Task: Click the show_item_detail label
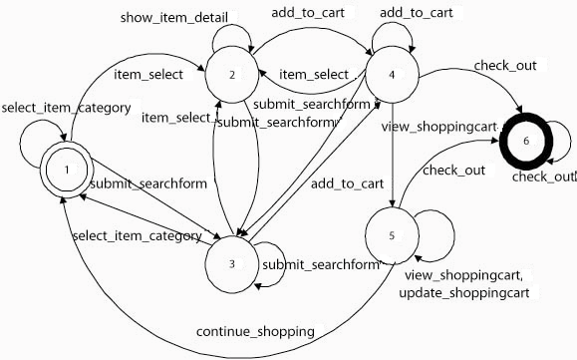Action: [x=173, y=18]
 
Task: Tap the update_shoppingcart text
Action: [x=462, y=292]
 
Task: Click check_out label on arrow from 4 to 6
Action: [x=504, y=65]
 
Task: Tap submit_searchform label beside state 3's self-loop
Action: [x=322, y=264]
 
